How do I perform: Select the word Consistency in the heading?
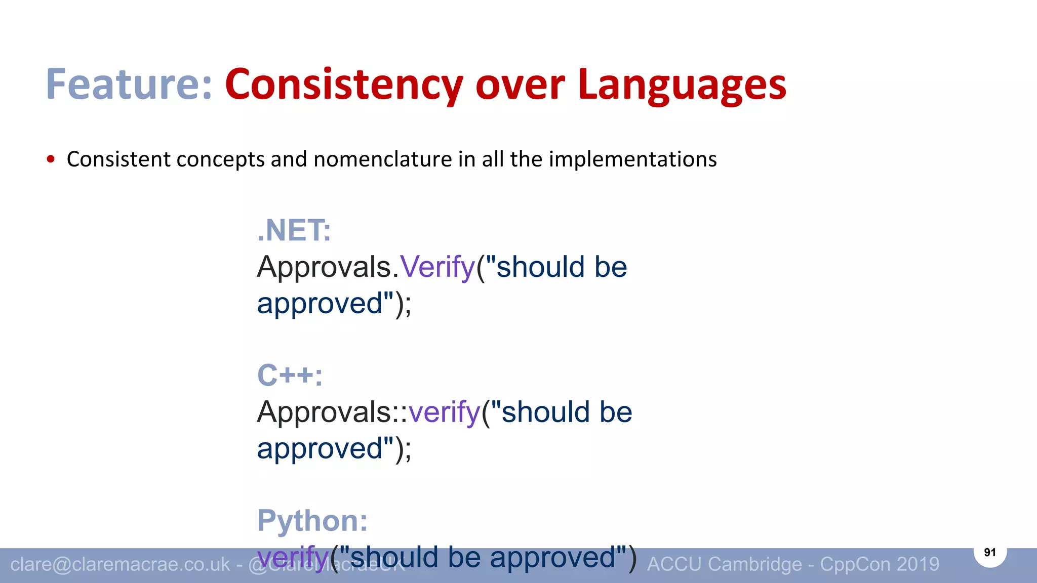point(344,85)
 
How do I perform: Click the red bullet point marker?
point(51,159)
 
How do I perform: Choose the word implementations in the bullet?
point(632,159)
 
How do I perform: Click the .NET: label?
point(294,231)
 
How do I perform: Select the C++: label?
point(290,376)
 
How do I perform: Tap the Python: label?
point(312,520)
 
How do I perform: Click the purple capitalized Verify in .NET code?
point(437,267)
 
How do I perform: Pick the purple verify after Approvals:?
point(444,412)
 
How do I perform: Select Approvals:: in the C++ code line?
point(332,412)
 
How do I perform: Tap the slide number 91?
point(990,552)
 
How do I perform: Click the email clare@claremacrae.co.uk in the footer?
point(120,564)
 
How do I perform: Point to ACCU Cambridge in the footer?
point(725,564)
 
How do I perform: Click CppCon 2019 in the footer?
point(880,564)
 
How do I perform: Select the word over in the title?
point(520,85)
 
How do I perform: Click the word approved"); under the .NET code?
point(334,304)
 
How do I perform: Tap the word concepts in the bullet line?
point(221,159)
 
